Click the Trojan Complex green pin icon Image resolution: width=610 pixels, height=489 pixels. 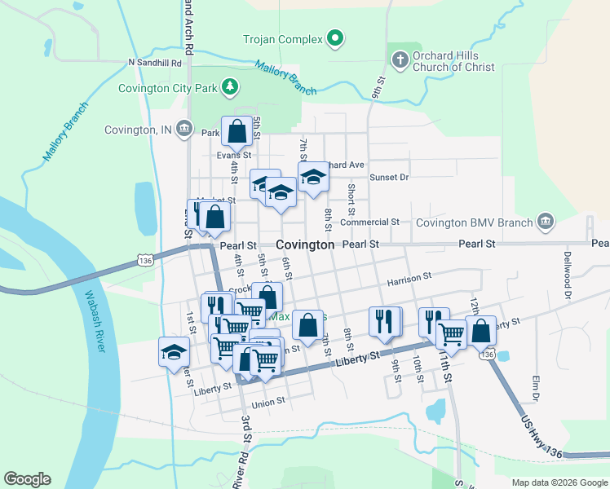tap(334, 38)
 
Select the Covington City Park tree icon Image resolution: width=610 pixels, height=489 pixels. tap(231, 87)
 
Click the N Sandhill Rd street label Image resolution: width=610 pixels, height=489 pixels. tap(154, 62)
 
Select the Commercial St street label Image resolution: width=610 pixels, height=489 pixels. tap(369, 222)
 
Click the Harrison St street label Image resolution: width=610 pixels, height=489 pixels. tap(409, 279)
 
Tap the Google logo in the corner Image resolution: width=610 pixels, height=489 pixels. tap(27, 479)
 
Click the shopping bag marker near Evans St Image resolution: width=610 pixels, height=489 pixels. tap(236, 130)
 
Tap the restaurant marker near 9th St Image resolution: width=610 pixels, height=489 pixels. tap(385, 321)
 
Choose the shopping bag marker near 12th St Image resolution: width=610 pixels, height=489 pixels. tap(481, 331)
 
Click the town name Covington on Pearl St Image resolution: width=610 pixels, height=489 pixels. tap(305, 244)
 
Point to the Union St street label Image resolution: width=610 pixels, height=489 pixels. tap(268, 401)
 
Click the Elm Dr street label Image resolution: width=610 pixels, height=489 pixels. tap(536, 387)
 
